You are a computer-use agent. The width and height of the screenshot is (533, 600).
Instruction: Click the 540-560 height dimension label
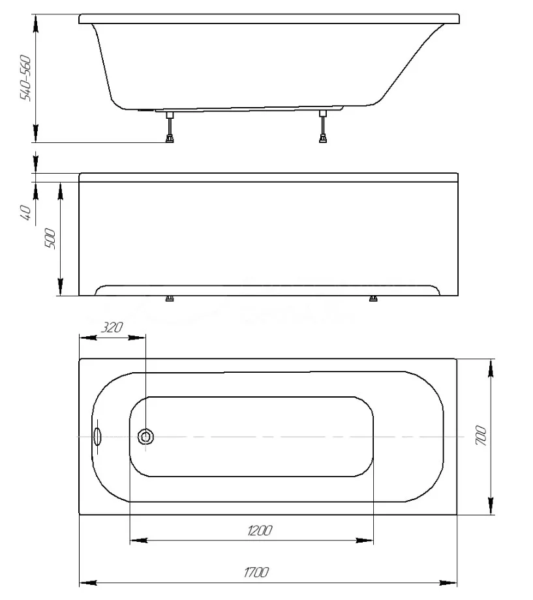[x=25, y=78]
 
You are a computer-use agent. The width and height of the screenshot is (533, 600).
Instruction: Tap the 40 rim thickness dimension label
[x=25, y=213]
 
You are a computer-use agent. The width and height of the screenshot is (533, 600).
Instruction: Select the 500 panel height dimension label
[x=50, y=239]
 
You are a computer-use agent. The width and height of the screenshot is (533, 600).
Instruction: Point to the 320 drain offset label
[x=112, y=328]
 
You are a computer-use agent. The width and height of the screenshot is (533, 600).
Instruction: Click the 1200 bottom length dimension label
[x=260, y=531]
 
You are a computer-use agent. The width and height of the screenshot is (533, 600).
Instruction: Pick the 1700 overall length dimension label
[x=256, y=573]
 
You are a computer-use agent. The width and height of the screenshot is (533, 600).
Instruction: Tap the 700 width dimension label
[x=481, y=436]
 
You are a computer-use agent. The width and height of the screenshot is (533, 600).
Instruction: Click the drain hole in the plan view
[x=145, y=437]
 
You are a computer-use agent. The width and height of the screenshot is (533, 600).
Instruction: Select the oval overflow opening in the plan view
[x=97, y=437]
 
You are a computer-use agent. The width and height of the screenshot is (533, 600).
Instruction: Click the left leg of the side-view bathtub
[x=170, y=127]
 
